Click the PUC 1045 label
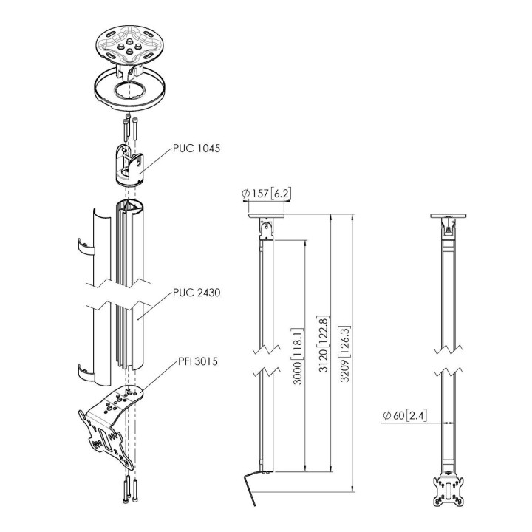click(x=197, y=149)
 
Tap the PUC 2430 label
click(x=197, y=293)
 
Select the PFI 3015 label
click(x=198, y=361)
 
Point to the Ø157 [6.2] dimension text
click(x=266, y=194)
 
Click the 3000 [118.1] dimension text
click(x=298, y=356)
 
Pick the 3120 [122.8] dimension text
click(x=323, y=344)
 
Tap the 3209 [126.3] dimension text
click(x=345, y=354)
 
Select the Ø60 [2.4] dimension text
click(x=405, y=415)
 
